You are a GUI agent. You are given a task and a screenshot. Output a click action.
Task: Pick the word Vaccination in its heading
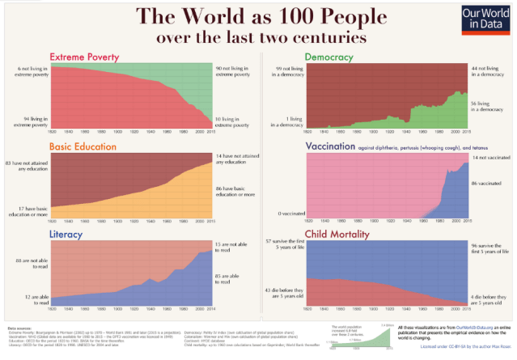pyautogui.click(x=333, y=146)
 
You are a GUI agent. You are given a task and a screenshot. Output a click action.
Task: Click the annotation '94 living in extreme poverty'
pyautogui.click(x=28, y=121)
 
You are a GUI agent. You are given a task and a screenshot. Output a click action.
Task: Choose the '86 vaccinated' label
pyautogui.click(x=485, y=185)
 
